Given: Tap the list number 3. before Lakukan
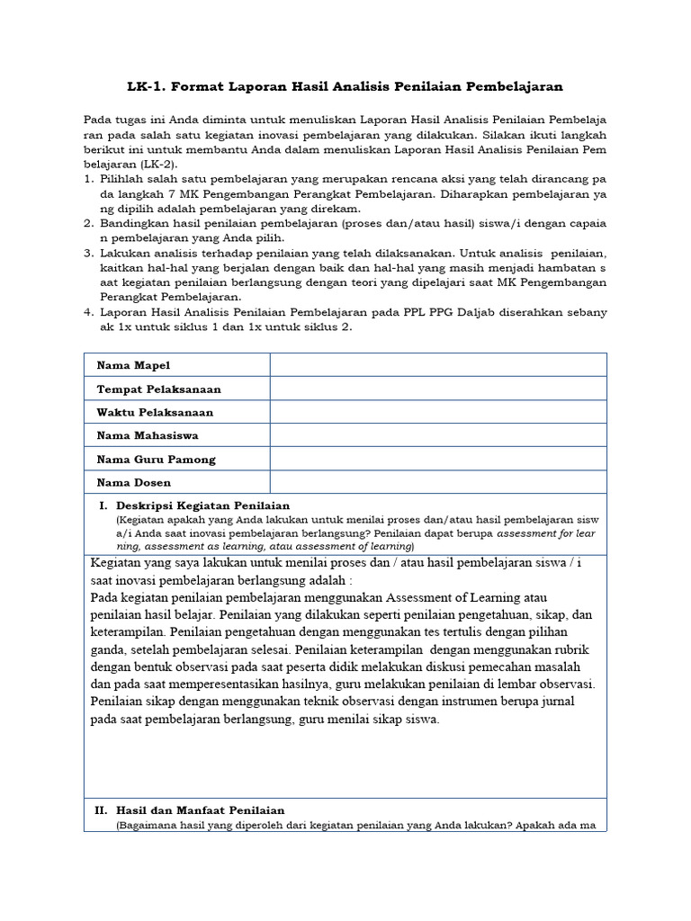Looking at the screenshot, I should [89, 254].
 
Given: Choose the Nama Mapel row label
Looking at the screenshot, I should [133, 365].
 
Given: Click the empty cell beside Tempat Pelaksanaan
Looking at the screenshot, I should [438, 389].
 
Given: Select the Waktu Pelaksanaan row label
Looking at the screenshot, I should [155, 412].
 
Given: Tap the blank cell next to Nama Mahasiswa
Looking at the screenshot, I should [438, 435].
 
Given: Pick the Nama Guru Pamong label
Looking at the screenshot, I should [157, 460].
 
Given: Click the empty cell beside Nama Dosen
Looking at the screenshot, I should [438, 483].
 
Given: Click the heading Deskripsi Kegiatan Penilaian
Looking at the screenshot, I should [202, 505].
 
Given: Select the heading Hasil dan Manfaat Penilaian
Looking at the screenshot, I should [200, 810].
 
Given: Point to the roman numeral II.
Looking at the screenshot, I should [102, 810].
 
